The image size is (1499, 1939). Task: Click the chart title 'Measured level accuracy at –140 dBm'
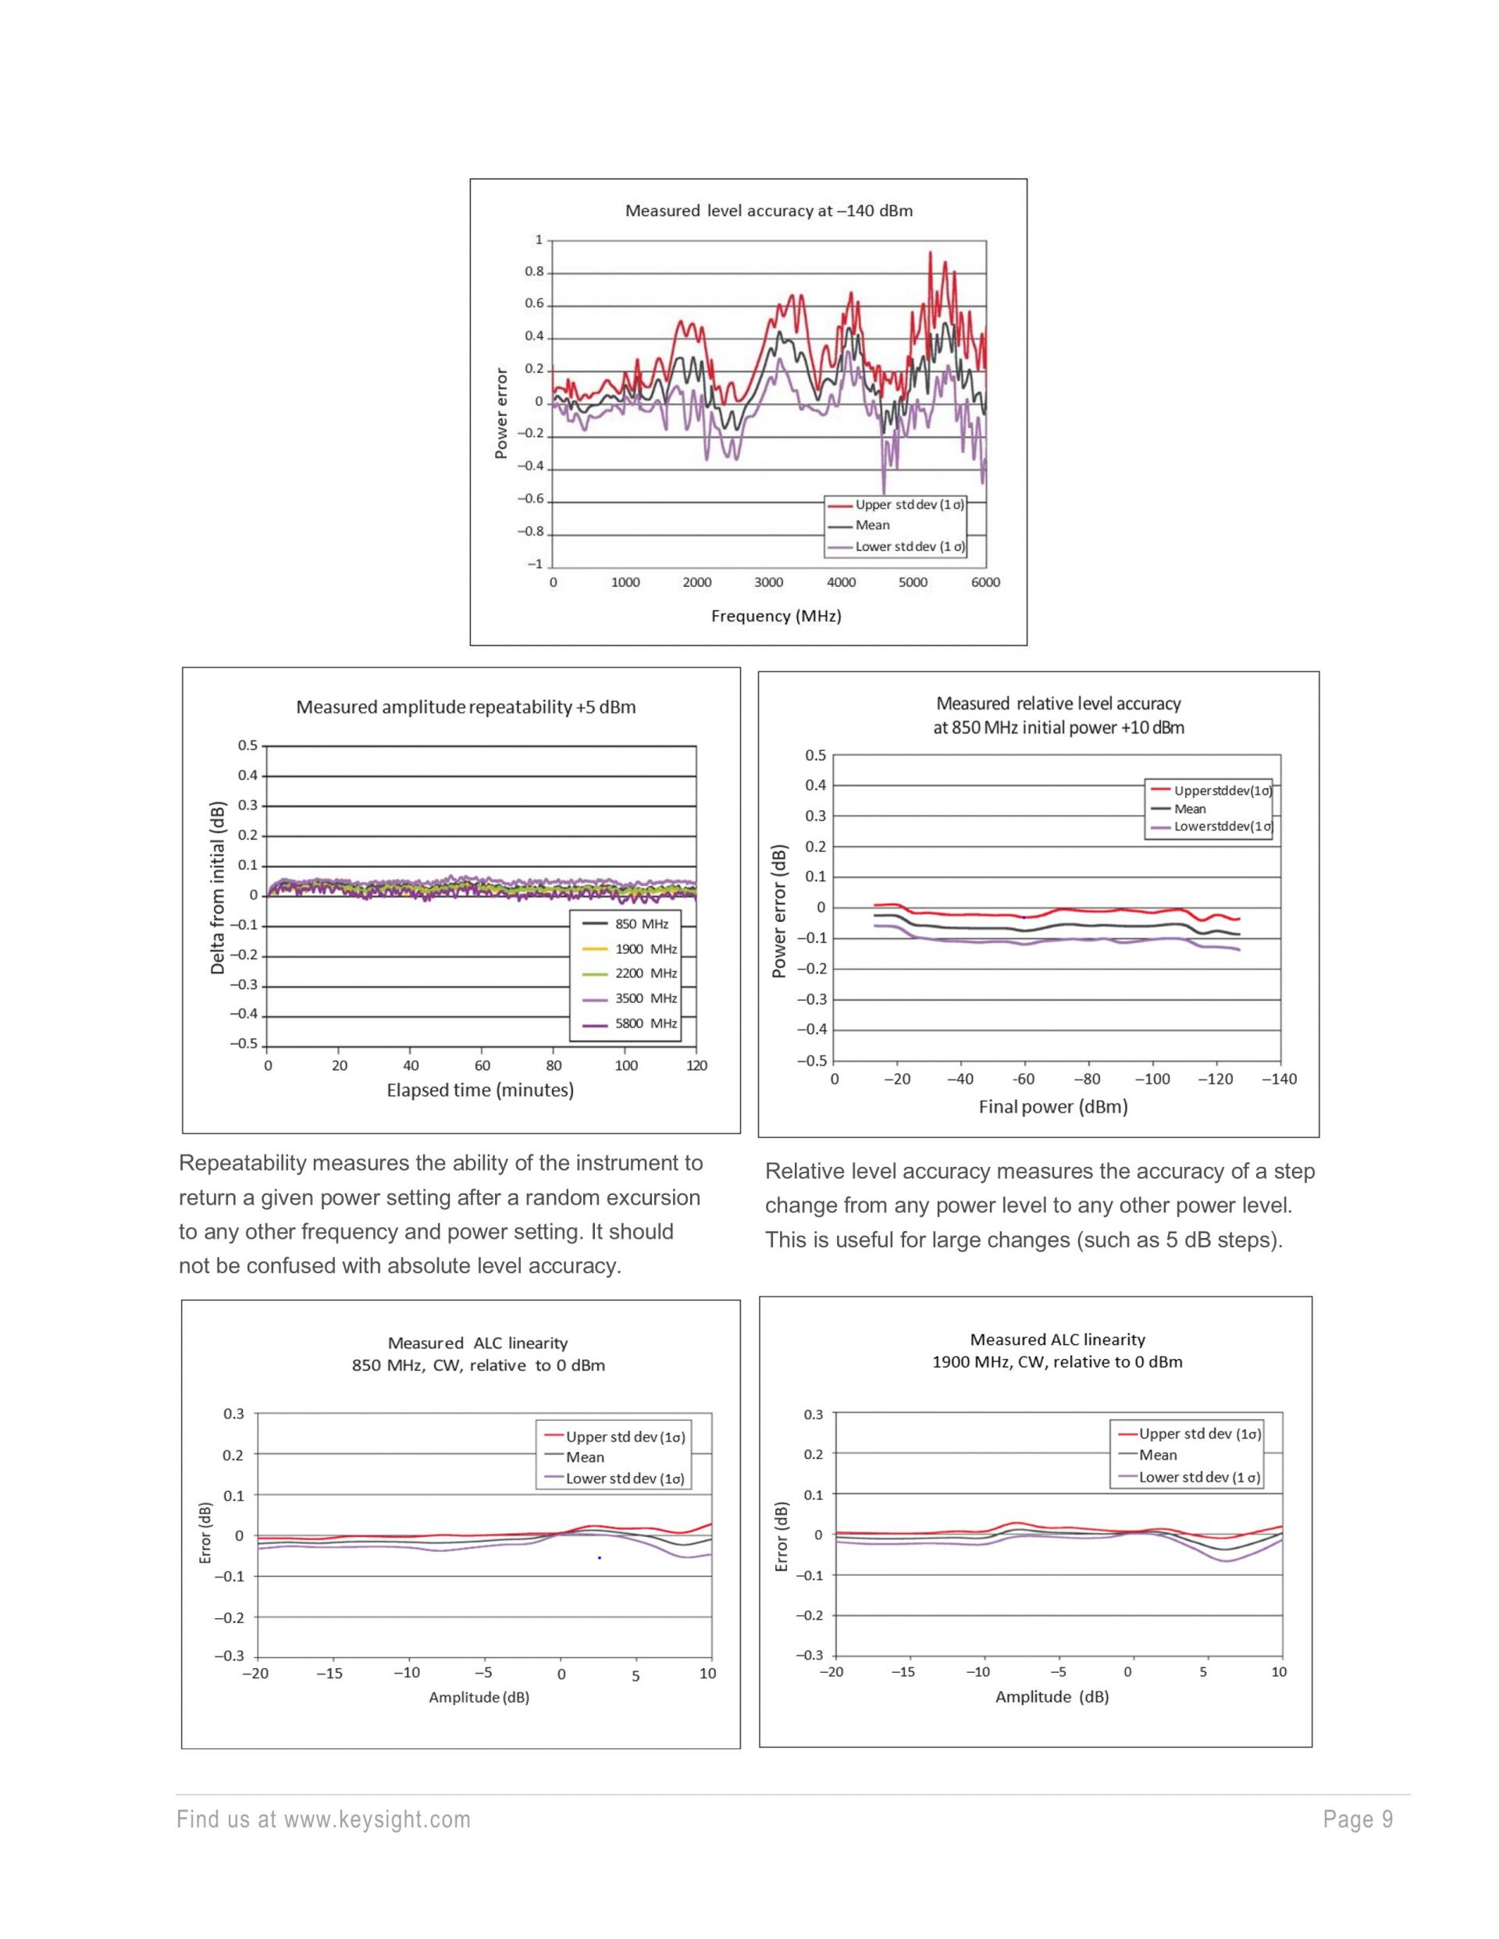tap(768, 212)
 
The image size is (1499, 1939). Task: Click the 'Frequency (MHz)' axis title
tap(775, 616)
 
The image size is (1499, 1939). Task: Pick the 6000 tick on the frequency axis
tap(984, 583)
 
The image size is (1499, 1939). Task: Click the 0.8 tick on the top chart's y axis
tap(534, 272)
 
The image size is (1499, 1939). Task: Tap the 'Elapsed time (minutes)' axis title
tap(479, 1090)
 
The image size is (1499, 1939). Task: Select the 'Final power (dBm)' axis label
tap(1052, 1107)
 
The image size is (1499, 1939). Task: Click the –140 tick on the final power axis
tap(1279, 1080)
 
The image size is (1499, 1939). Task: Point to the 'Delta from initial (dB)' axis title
tap(218, 888)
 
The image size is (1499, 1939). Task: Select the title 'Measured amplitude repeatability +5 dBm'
tap(465, 707)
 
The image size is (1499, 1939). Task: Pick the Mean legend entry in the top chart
tap(872, 525)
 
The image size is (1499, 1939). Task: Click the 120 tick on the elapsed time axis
tap(696, 1066)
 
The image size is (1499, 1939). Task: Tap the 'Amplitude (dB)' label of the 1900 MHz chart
tap(1052, 1697)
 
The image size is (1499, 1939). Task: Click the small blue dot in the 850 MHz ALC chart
tap(600, 1557)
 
